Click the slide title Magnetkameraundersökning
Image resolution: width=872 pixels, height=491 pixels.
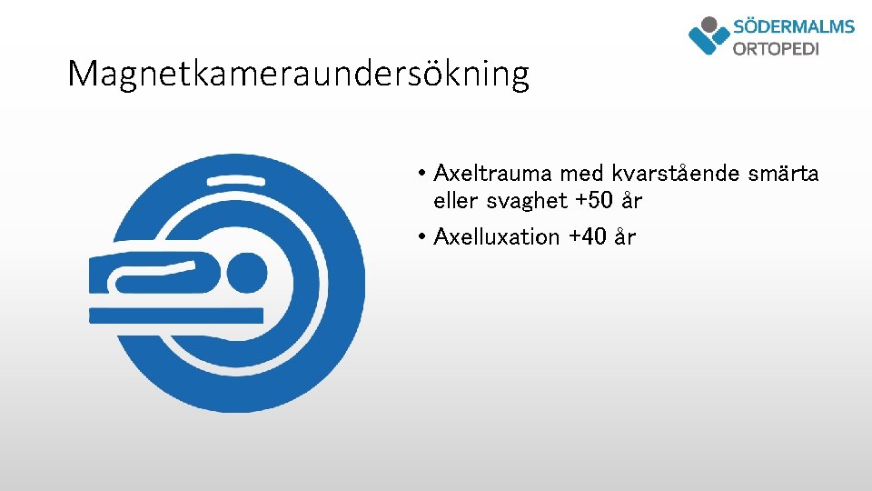click(x=298, y=75)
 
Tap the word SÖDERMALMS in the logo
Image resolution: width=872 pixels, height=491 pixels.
click(x=793, y=26)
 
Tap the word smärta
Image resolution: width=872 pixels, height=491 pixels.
click(x=786, y=173)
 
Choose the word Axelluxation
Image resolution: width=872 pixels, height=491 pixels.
click(x=497, y=237)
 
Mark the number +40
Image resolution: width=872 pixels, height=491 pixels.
click(x=588, y=237)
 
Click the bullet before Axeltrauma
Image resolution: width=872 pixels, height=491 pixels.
click(x=422, y=173)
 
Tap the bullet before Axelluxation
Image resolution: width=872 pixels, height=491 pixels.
click(x=422, y=237)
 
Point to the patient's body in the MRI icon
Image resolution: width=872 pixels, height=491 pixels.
click(x=154, y=274)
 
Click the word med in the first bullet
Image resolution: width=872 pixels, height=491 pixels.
click(x=581, y=173)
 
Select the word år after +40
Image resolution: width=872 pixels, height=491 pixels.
click(x=625, y=237)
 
